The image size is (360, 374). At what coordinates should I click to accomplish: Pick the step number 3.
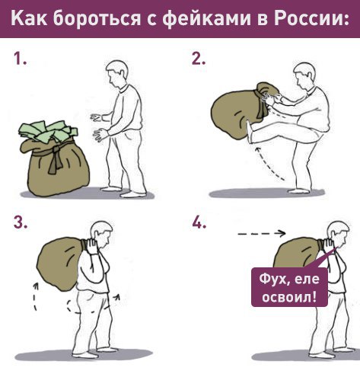pos(21,222)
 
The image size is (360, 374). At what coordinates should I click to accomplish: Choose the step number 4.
pos(199,222)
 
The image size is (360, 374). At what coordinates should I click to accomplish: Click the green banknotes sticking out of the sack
pos(48,131)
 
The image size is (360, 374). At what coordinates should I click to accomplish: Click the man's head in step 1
pos(116,74)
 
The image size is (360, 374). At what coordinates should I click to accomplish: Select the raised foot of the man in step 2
pos(250,132)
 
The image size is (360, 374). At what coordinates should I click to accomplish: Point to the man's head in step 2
pos(304,75)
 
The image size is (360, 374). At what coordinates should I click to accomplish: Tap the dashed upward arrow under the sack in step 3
pos(35,296)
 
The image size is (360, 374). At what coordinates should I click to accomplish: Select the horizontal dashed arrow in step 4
pos(262,233)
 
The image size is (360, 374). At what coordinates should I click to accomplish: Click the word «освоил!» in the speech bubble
pos(289,296)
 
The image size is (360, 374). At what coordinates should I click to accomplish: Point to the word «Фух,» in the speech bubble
pos(272,280)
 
